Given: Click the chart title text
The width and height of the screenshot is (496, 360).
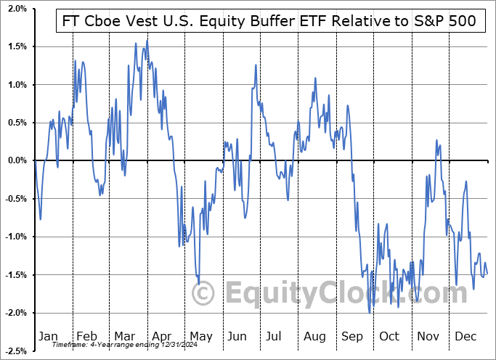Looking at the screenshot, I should tap(266, 20).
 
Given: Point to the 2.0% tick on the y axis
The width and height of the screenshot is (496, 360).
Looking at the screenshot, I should tap(18, 9).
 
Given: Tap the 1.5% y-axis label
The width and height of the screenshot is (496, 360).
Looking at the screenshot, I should tap(18, 46).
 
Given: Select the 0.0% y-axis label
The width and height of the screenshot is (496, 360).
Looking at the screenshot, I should tap(18, 160).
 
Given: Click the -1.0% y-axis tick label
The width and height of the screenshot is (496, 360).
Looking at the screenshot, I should tap(17, 237).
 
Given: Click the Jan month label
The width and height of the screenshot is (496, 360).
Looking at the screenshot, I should tap(47, 336).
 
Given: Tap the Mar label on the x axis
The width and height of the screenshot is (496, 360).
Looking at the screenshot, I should tap(123, 336).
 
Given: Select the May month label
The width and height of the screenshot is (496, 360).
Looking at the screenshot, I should tap(200, 336).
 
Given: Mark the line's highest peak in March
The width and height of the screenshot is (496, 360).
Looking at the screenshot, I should tap(147, 39).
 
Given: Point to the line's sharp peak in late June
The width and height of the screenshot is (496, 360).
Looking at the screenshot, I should tap(256, 65).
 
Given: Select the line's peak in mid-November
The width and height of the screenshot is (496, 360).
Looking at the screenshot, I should tap(437, 140).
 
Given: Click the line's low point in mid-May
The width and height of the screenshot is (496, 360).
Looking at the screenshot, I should tap(198, 285).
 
